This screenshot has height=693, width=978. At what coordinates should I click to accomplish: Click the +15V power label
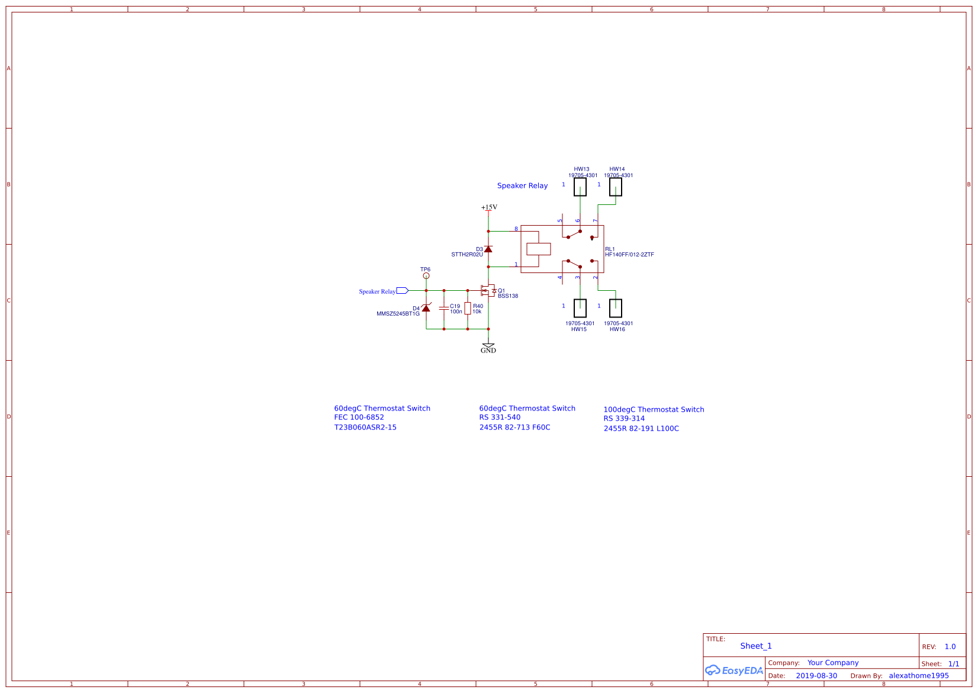tap(489, 207)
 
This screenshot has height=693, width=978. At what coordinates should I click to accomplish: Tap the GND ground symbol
tap(488, 346)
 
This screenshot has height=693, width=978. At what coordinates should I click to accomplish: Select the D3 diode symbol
tap(488, 249)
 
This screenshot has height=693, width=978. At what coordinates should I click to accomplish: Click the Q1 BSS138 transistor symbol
tap(488, 291)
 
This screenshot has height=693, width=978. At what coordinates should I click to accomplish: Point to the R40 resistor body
tap(468, 308)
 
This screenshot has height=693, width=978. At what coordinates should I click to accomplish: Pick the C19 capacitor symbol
tap(444, 308)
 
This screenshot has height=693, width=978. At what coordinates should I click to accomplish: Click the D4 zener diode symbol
tap(426, 308)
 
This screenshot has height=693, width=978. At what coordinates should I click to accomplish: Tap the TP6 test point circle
tap(426, 276)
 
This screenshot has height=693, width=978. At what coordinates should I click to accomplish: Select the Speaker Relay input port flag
tap(403, 291)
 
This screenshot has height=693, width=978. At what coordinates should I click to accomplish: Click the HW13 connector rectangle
tap(580, 187)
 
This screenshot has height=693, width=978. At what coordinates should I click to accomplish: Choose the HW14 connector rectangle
tap(616, 187)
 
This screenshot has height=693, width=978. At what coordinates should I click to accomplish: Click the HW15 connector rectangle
tap(580, 308)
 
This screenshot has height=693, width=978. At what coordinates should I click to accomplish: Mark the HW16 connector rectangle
tap(616, 308)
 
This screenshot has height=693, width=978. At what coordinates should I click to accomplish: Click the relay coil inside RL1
tap(539, 249)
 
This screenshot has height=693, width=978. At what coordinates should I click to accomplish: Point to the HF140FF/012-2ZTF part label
tap(629, 255)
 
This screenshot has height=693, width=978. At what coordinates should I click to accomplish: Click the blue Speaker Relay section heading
tap(522, 186)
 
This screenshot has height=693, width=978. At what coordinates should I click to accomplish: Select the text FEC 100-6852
tap(359, 418)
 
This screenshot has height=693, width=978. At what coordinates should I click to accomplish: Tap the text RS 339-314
tap(624, 419)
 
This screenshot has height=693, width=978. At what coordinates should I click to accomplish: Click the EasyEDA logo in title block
tap(733, 670)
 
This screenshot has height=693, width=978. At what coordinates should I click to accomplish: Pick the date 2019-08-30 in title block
tap(816, 676)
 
